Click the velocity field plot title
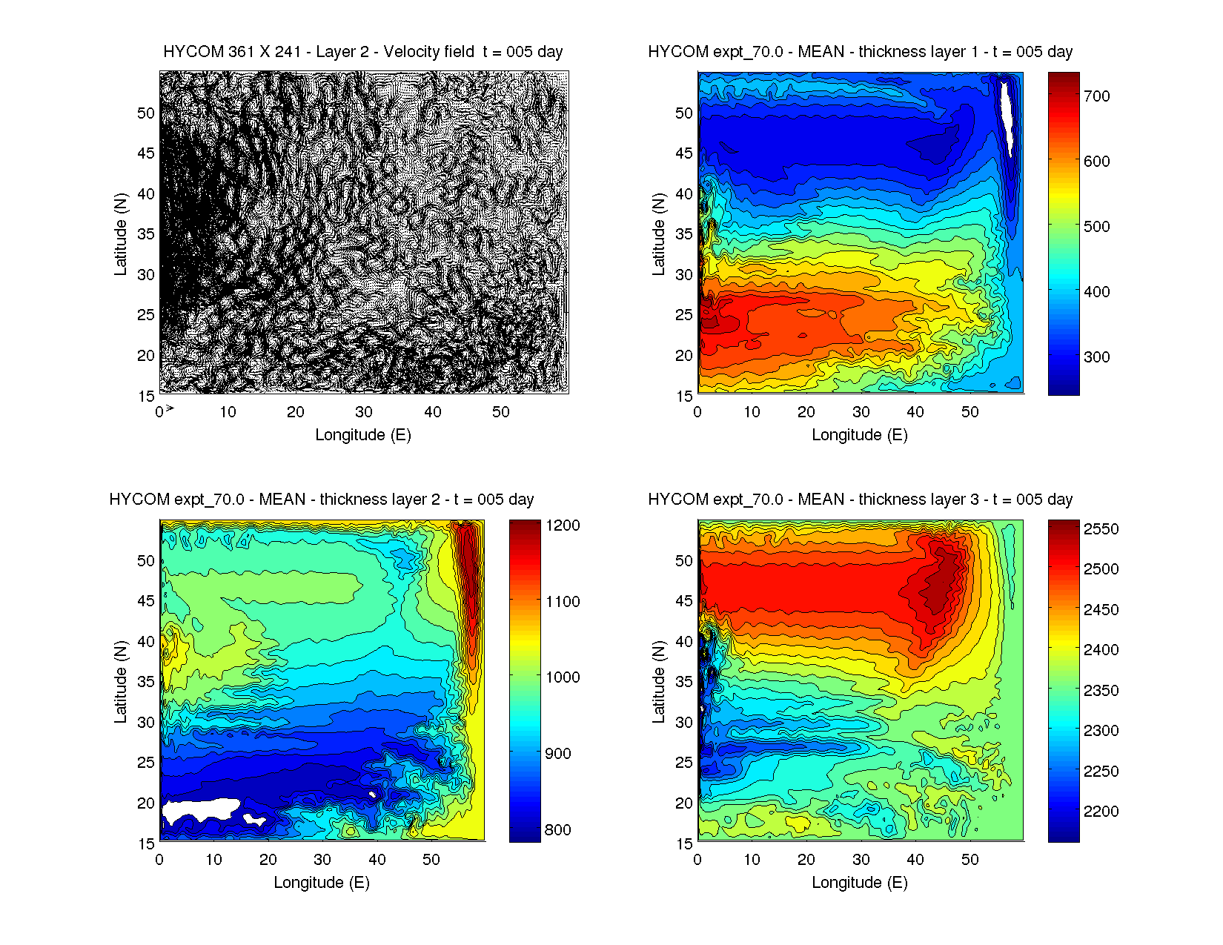point(362,52)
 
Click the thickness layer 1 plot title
point(860,52)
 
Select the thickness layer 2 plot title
point(321,500)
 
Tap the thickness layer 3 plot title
point(860,500)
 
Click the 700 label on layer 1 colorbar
point(1096,96)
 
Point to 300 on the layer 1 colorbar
point(1096,357)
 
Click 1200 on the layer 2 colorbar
point(563,525)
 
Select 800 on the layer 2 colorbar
point(557,830)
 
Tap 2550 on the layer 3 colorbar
point(1101,529)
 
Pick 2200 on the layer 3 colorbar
point(1101,812)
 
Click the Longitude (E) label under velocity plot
point(362,435)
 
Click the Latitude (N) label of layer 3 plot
point(658,681)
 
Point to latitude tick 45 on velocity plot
point(146,153)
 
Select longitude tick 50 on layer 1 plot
point(970,412)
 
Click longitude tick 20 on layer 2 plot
point(268,860)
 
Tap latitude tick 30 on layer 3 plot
point(683,722)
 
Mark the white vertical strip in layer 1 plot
point(1007,115)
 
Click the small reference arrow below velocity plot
point(170,408)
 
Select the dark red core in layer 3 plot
point(935,586)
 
